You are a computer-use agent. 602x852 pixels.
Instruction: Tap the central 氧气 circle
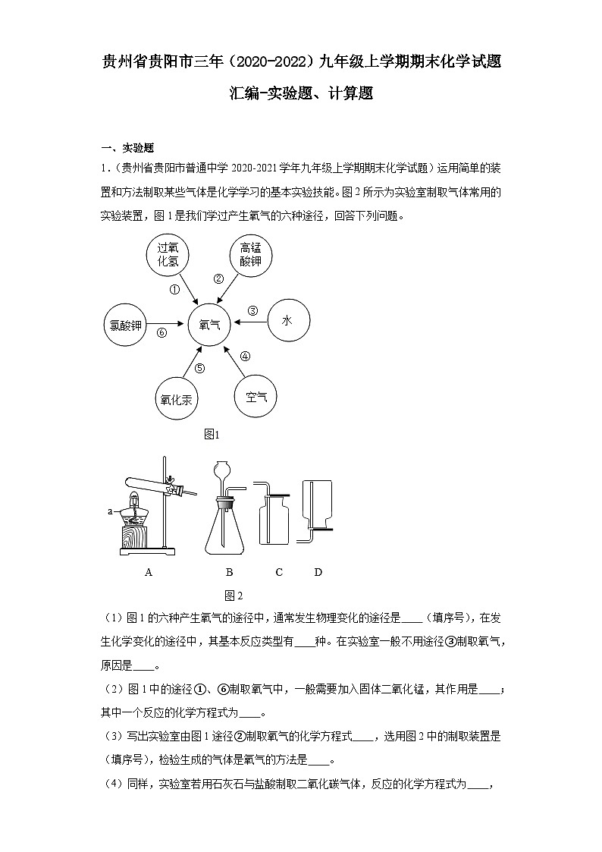209,324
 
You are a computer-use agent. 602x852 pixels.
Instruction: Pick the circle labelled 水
287,321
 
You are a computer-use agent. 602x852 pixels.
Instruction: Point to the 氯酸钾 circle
125,325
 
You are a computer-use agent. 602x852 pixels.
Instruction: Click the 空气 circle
256,395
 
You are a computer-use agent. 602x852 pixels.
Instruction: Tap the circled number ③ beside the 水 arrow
252,310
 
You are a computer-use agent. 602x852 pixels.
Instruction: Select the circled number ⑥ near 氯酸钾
161,332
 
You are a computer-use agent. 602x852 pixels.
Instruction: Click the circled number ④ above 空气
244,356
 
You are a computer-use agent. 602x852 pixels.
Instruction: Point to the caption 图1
212,435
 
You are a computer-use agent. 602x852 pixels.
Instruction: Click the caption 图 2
233,595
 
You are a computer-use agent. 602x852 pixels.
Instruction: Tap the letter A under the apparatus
149,572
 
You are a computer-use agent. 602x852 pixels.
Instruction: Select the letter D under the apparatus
318,572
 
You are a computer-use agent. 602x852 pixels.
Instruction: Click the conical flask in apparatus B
226,528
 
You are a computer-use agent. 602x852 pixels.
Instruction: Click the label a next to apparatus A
110,512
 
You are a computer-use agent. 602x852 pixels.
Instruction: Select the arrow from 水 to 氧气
251,322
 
